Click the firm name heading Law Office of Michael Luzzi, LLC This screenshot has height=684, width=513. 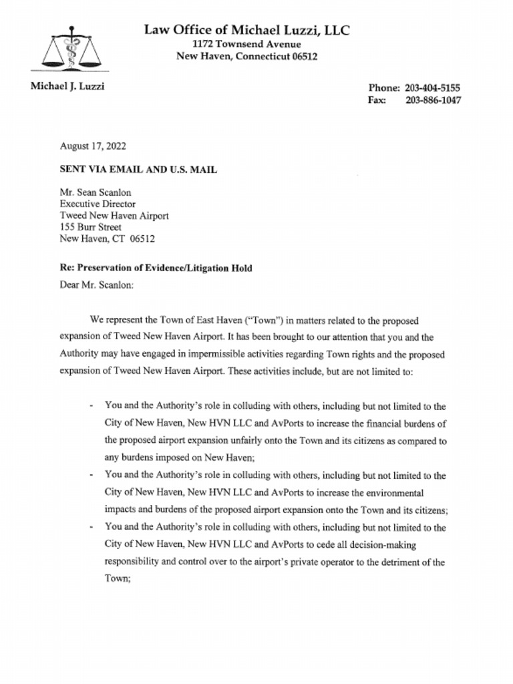pyautogui.click(x=246, y=30)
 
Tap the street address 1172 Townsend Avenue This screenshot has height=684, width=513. pyautogui.click(x=246, y=44)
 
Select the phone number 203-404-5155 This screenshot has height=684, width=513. pyautogui.click(x=433, y=88)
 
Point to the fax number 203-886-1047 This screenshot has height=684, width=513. pyautogui.click(x=433, y=101)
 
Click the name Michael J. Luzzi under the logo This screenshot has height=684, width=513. pyautogui.click(x=67, y=86)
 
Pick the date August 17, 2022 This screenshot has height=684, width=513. pyautogui.click(x=93, y=146)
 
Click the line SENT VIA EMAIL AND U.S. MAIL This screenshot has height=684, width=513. pyautogui.click(x=138, y=170)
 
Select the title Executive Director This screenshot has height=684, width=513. pyautogui.click(x=98, y=204)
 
